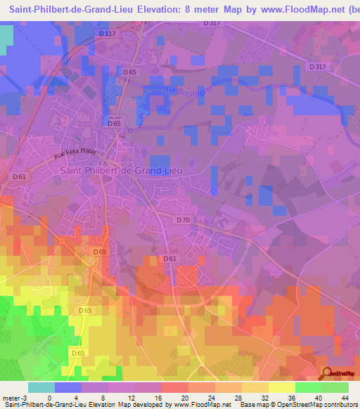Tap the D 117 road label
tap(107, 34)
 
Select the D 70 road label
tap(182, 220)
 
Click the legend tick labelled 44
tap(346, 398)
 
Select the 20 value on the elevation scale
tap(184, 398)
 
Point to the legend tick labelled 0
tap(49, 398)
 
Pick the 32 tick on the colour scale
tap(265, 398)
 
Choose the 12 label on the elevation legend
tap(130, 398)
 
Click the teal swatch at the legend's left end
tap(41, 387)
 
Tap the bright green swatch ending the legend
tap(335, 387)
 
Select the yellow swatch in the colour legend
tap(281, 387)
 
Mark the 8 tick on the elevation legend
tap(103, 398)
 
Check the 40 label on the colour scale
tap(319, 398)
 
